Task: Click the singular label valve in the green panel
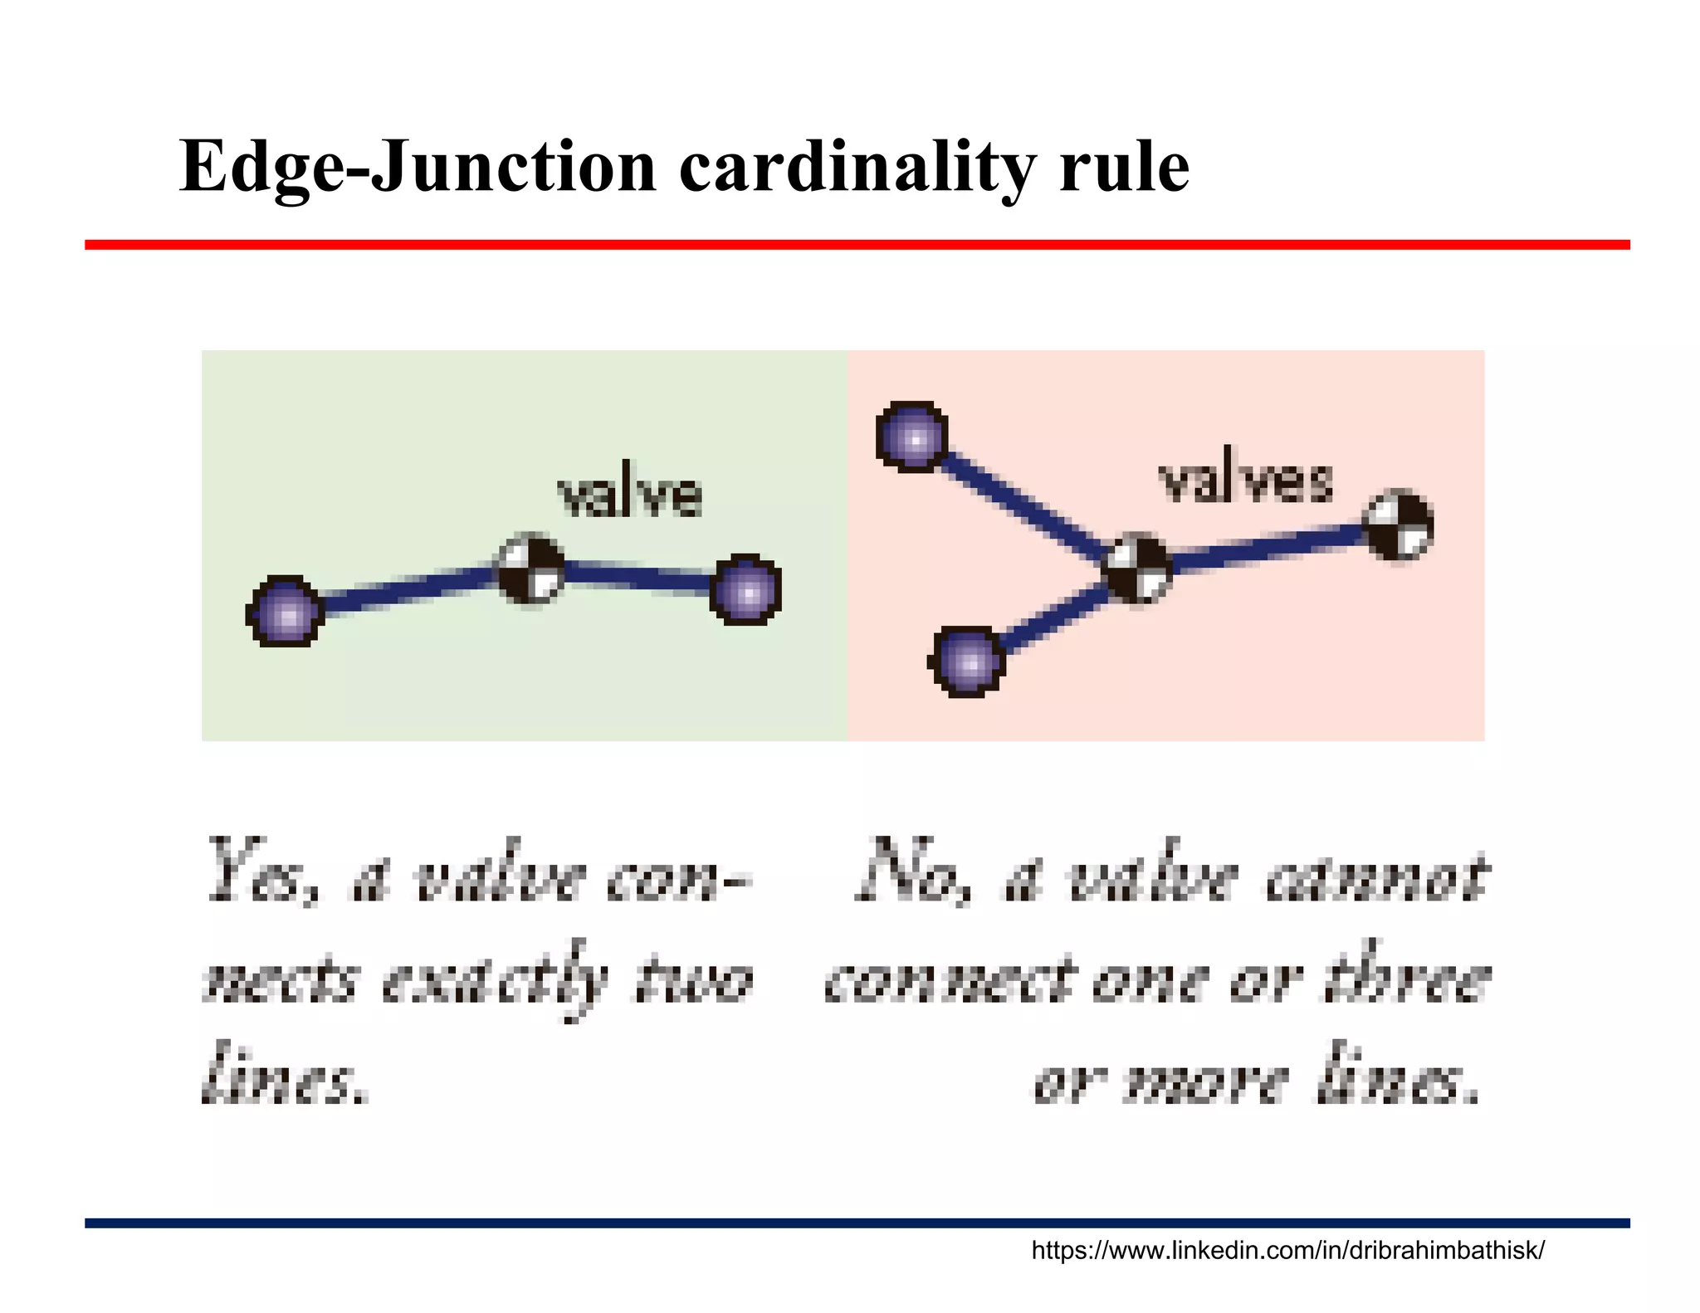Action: pyautogui.click(x=630, y=495)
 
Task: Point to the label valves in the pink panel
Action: pyautogui.click(x=1245, y=481)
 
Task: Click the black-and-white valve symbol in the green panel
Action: pyautogui.click(x=531, y=570)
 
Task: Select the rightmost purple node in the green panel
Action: pyautogui.click(x=745, y=590)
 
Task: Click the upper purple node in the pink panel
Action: pyautogui.click(x=912, y=437)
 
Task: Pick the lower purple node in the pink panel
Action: pyautogui.click(x=966, y=661)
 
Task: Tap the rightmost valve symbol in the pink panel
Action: pyautogui.click(x=1400, y=525)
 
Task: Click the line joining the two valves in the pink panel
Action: pyautogui.click(x=1268, y=547)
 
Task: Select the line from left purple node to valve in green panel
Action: pyautogui.click(x=407, y=591)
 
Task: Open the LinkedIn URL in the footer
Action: pyautogui.click(x=1287, y=1251)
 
